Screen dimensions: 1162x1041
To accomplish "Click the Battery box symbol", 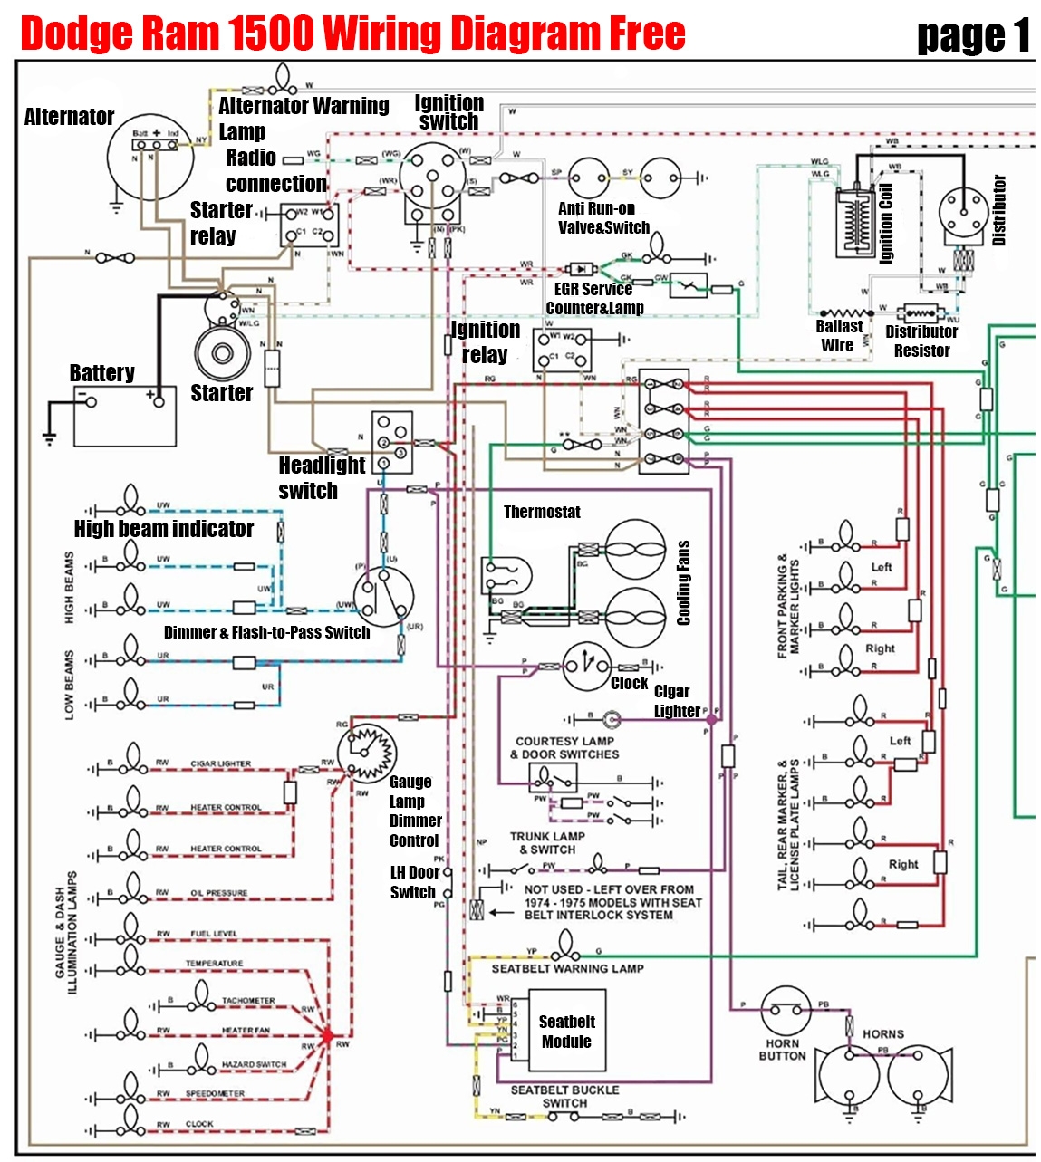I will click(x=124, y=416).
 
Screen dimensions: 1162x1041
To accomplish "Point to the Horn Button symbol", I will click(x=785, y=1011).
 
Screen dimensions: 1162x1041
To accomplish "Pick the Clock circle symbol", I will click(x=586, y=667).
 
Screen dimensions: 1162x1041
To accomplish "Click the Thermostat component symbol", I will click(x=506, y=576).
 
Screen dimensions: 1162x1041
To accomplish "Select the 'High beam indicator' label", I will click(x=163, y=529).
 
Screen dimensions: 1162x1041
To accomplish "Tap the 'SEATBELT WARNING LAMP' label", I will click(x=567, y=968).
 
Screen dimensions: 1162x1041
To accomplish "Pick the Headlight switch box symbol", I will click(x=392, y=441).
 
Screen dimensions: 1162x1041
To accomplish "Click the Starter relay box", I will click(x=310, y=225).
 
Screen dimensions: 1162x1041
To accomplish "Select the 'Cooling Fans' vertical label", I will click(x=683, y=582).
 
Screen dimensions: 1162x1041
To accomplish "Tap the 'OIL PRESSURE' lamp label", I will click(x=218, y=893).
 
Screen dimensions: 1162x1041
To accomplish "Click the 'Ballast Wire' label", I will click(x=838, y=336).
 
